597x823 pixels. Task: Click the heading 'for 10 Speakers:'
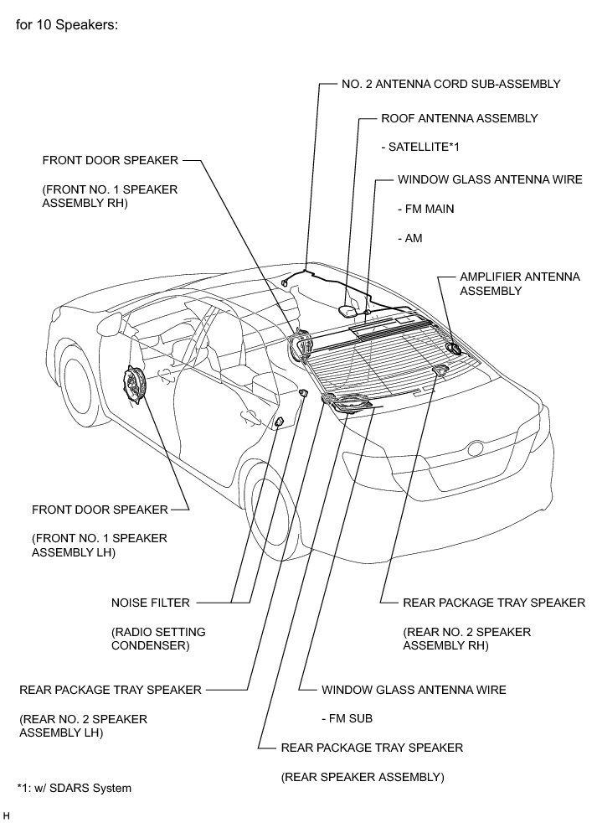pyautogui.click(x=66, y=24)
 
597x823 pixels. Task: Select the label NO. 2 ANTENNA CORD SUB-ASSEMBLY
pyautogui.click(x=451, y=84)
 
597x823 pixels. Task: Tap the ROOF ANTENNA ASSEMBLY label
pyautogui.click(x=459, y=118)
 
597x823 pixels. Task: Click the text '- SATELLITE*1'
pyautogui.click(x=420, y=147)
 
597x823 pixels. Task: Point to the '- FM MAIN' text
pyautogui.click(x=426, y=209)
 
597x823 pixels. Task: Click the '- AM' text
pyautogui.click(x=409, y=238)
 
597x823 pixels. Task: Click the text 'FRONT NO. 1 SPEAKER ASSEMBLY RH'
pyautogui.click(x=110, y=196)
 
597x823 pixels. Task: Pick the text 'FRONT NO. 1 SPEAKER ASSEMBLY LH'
pyautogui.click(x=100, y=545)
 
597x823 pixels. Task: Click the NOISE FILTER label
pyautogui.click(x=150, y=602)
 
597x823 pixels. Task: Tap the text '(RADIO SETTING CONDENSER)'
pyautogui.click(x=157, y=638)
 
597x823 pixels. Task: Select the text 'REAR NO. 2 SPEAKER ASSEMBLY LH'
pyautogui.click(x=83, y=725)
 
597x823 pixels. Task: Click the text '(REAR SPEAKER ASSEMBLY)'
pyautogui.click(x=362, y=777)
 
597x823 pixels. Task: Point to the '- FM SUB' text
pyautogui.click(x=347, y=718)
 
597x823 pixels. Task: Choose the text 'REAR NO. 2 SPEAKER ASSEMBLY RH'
pyautogui.click(x=466, y=638)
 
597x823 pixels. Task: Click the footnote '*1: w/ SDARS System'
pyautogui.click(x=74, y=788)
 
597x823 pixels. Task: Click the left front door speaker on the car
pyautogui.click(x=135, y=388)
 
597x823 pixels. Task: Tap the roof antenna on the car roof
pyautogui.click(x=350, y=310)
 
